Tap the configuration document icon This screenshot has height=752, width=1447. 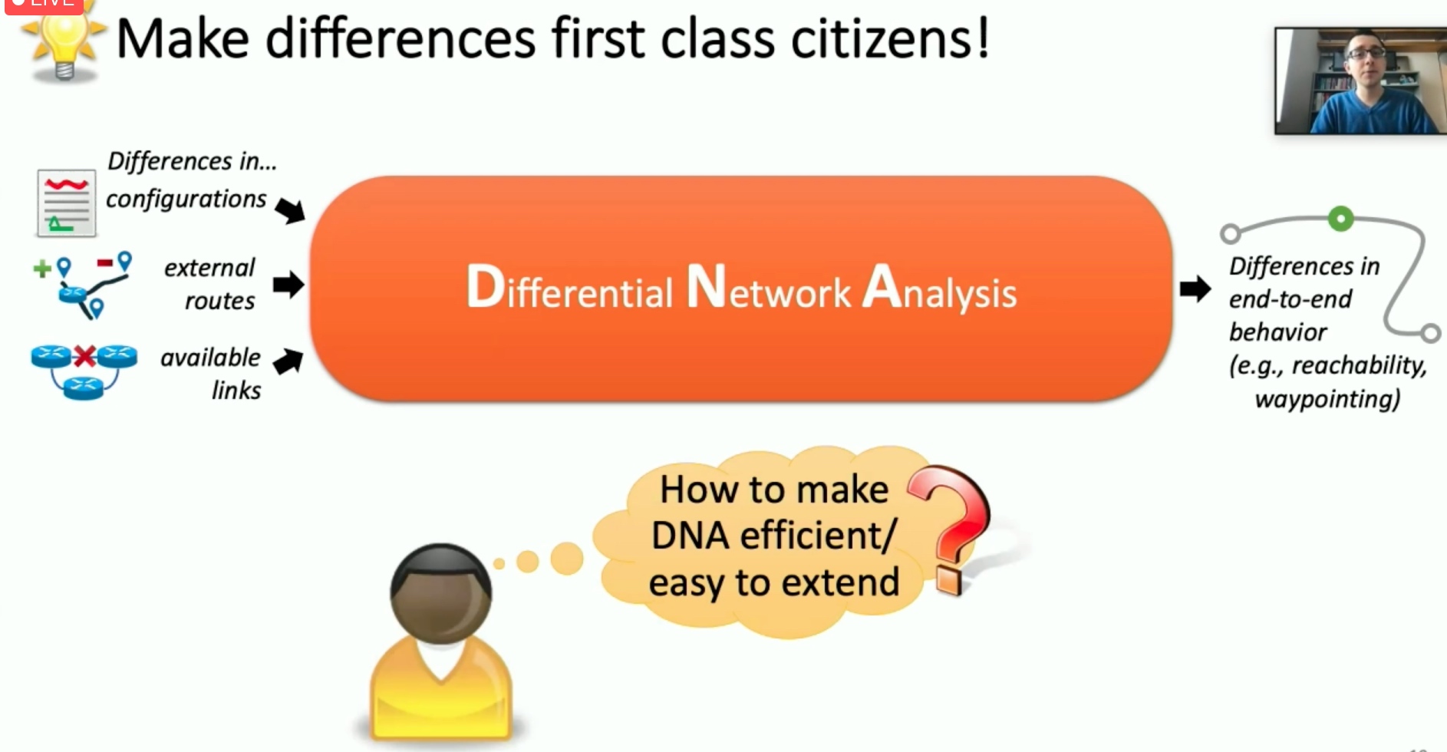pos(66,203)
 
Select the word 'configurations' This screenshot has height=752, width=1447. pos(186,200)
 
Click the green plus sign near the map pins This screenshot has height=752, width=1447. pos(42,269)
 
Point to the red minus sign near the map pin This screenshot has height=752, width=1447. pos(105,263)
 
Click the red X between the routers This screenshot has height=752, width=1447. pos(84,357)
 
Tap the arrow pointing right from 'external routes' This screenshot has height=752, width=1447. pos(288,285)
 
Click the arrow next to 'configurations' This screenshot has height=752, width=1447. pos(290,209)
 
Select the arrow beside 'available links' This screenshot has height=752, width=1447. pos(288,361)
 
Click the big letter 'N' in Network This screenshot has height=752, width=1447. pos(706,286)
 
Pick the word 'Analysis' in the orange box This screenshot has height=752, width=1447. pos(940,289)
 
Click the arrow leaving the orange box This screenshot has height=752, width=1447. pos(1195,289)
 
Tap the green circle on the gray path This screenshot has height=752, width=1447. pos(1340,219)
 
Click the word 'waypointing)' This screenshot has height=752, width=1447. pos(1327,399)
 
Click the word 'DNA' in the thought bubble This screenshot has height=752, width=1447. pos(690,536)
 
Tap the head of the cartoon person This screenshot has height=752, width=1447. pos(440,593)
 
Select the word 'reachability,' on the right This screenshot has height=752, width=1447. pos(1359,366)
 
